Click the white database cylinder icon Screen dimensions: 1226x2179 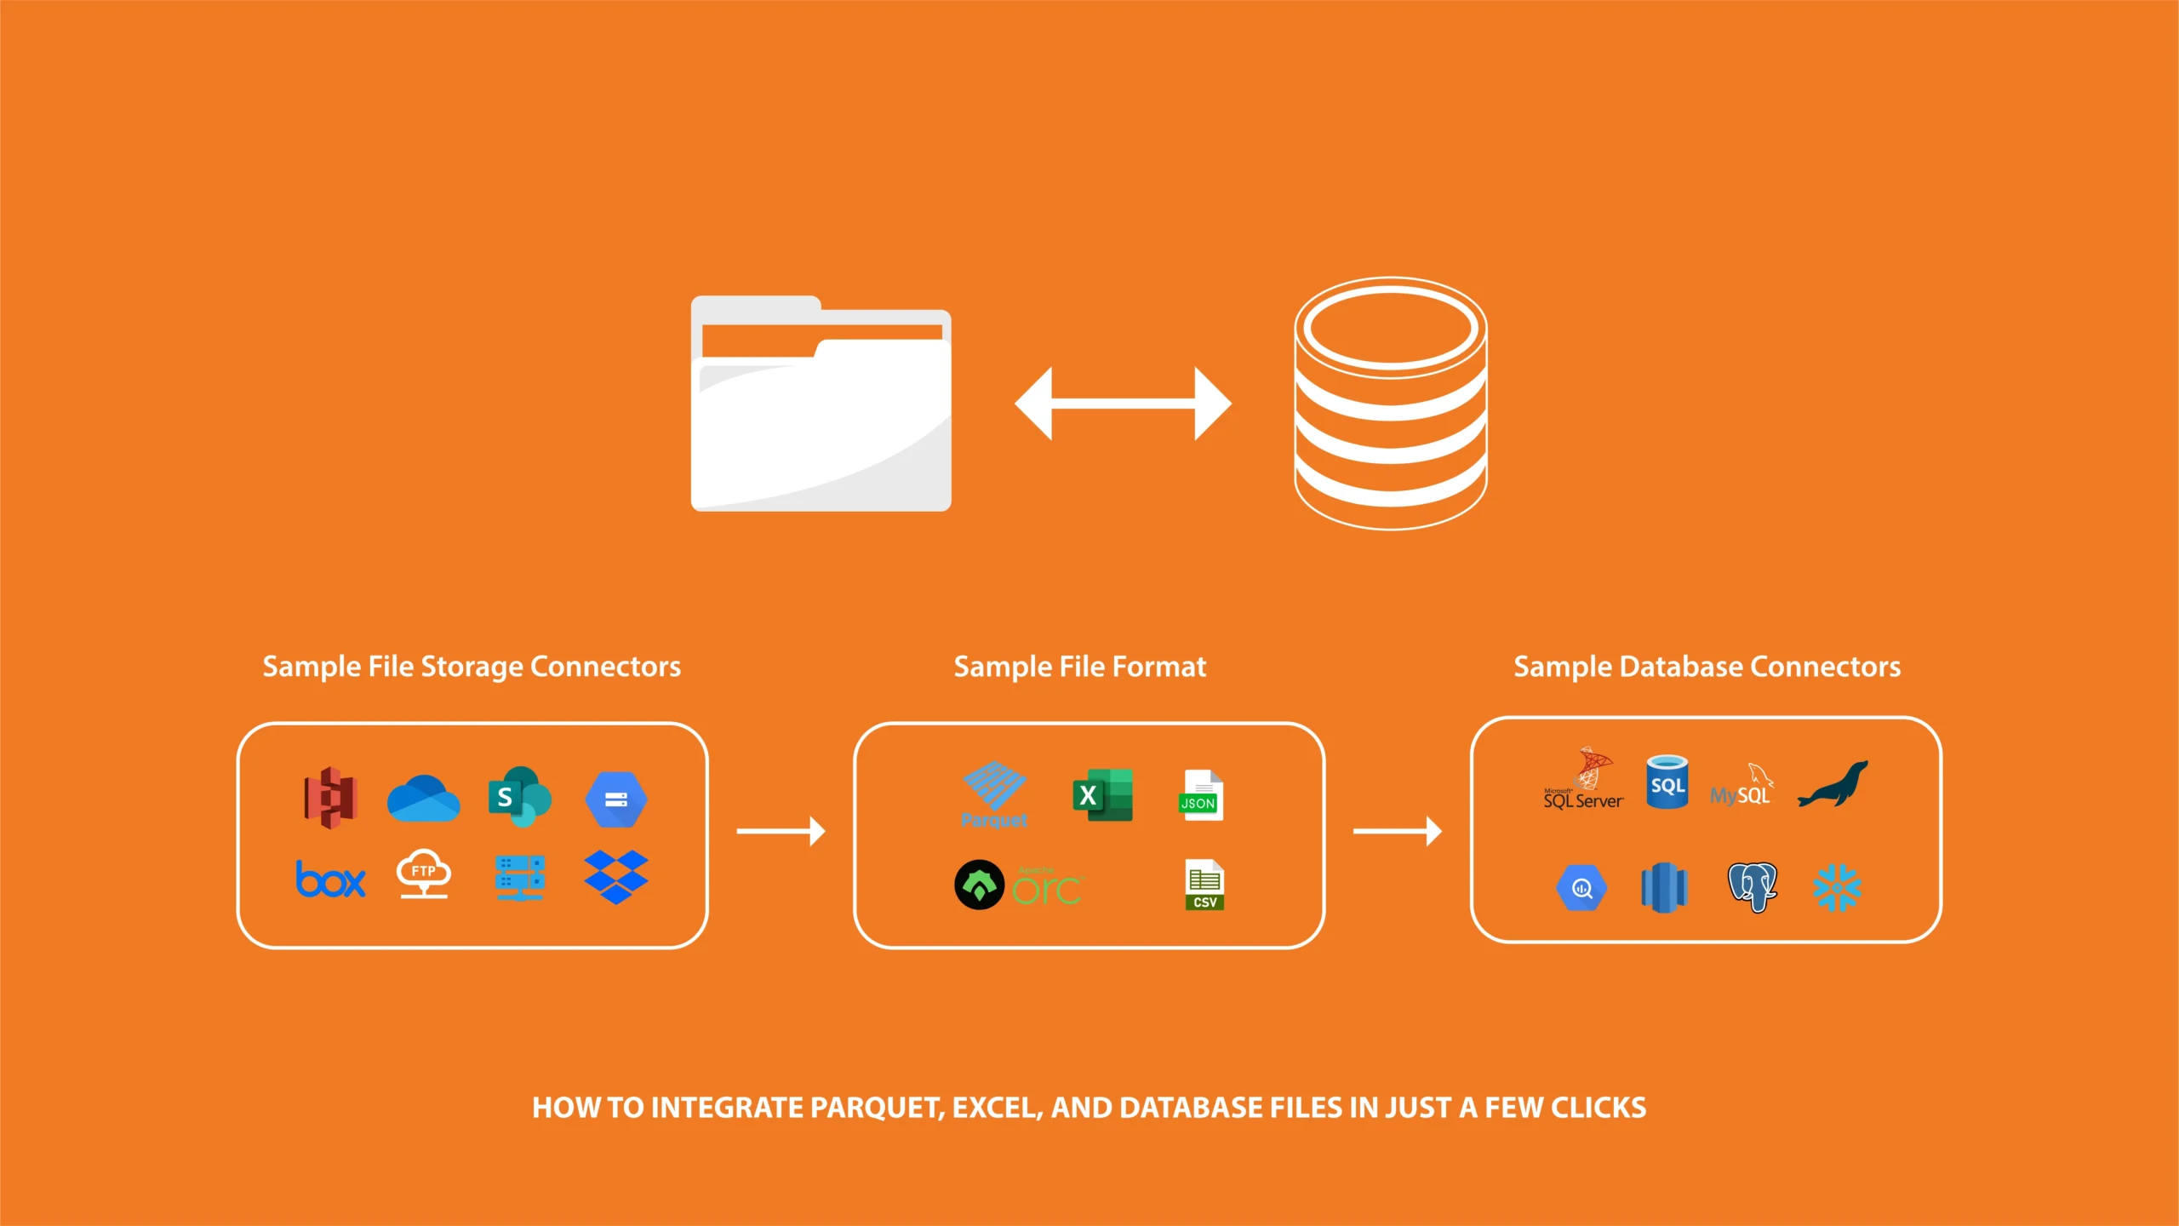click(x=1391, y=404)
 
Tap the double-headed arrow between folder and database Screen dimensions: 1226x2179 click(x=1123, y=404)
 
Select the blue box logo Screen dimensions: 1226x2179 click(x=330, y=879)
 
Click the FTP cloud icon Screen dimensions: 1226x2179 click(x=423, y=874)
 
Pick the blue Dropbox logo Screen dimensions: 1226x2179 click(x=616, y=877)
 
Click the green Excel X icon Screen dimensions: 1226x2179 click(x=1101, y=795)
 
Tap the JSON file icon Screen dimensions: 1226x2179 click(x=1202, y=795)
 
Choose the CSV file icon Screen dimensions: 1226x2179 click(x=1204, y=885)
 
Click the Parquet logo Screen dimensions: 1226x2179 click(x=994, y=795)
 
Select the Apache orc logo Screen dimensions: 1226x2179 click(x=1018, y=885)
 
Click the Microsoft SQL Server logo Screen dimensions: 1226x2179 click(x=1584, y=780)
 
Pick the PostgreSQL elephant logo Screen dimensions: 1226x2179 click(x=1752, y=886)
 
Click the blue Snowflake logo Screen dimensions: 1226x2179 click(x=1837, y=888)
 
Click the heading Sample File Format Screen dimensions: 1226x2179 click(x=1079, y=667)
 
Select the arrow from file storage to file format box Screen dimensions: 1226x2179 click(x=781, y=831)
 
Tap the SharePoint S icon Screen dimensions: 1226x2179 click(x=518, y=797)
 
